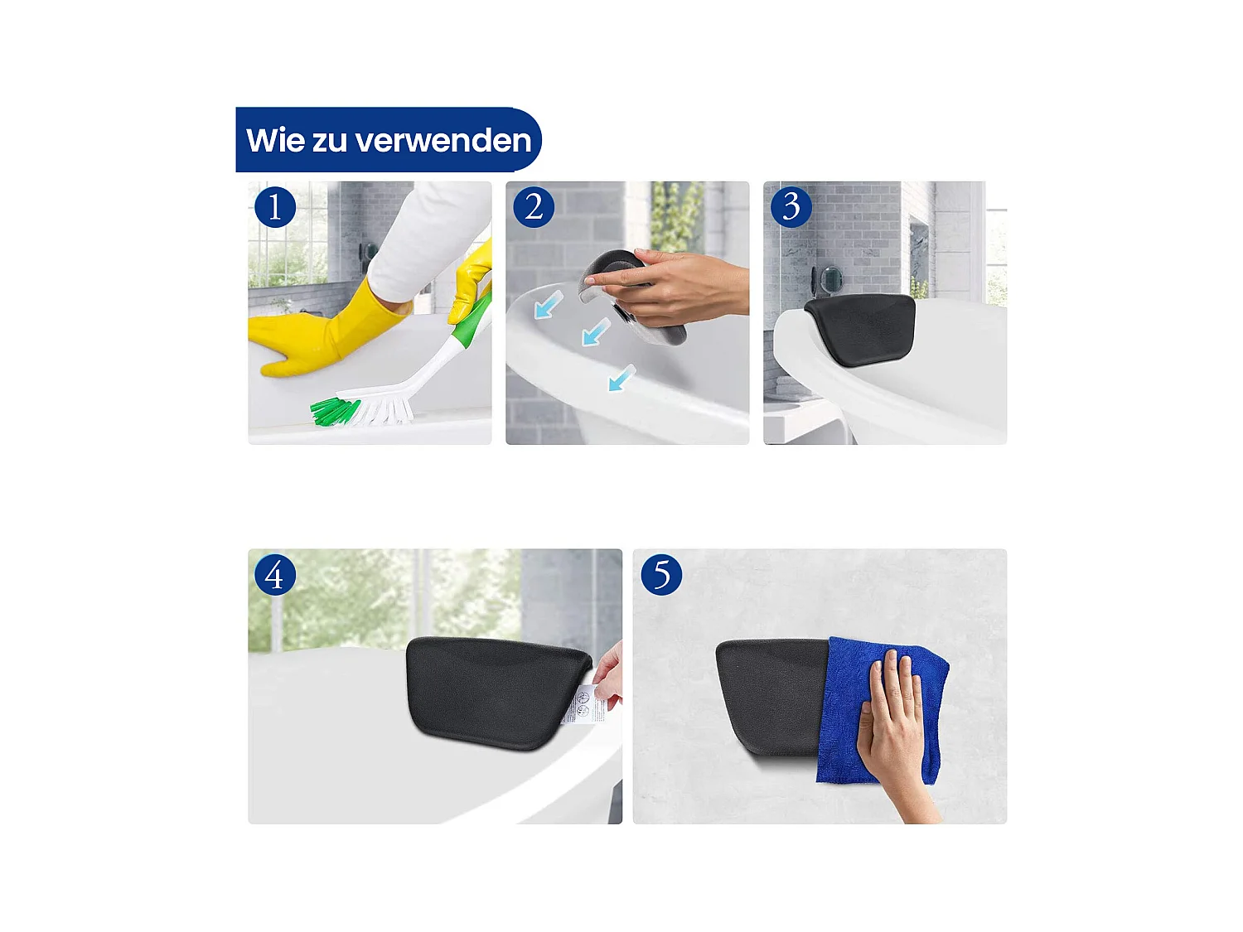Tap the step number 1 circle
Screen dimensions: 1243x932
pyautogui.click(x=275, y=207)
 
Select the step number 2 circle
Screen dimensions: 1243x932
pyautogui.click(x=534, y=207)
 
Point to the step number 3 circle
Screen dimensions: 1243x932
pyautogui.click(x=791, y=207)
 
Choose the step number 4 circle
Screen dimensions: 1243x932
pyautogui.click(x=275, y=575)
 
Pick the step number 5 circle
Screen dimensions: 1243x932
pyautogui.click(x=660, y=575)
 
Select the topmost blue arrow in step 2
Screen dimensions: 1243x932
pyautogui.click(x=548, y=305)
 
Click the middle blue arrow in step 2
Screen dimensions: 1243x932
pyautogui.click(x=595, y=332)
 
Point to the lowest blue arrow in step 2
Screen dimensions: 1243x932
pyautogui.click(x=621, y=378)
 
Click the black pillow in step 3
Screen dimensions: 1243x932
pyautogui.click(x=859, y=330)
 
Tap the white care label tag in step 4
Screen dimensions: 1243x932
pyautogui.click(x=584, y=703)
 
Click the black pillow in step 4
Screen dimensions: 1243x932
pyautogui.click(x=498, y=693)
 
